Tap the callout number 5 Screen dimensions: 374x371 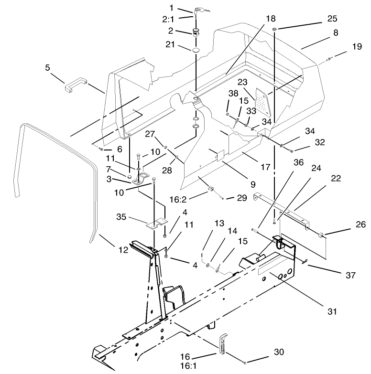pos(47,67)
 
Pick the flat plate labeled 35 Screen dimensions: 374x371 pos(157,222)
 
